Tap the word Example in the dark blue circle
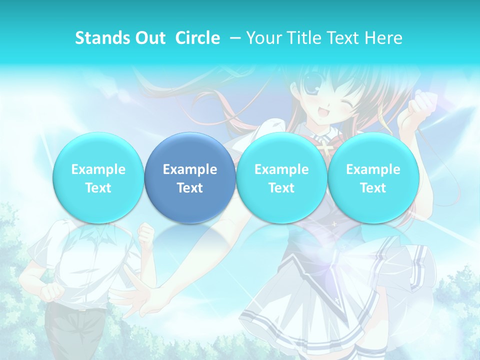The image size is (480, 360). pyautogui.click(x=190, y=169)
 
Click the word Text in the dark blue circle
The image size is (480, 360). pyautogui.click(x=190, y=188)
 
